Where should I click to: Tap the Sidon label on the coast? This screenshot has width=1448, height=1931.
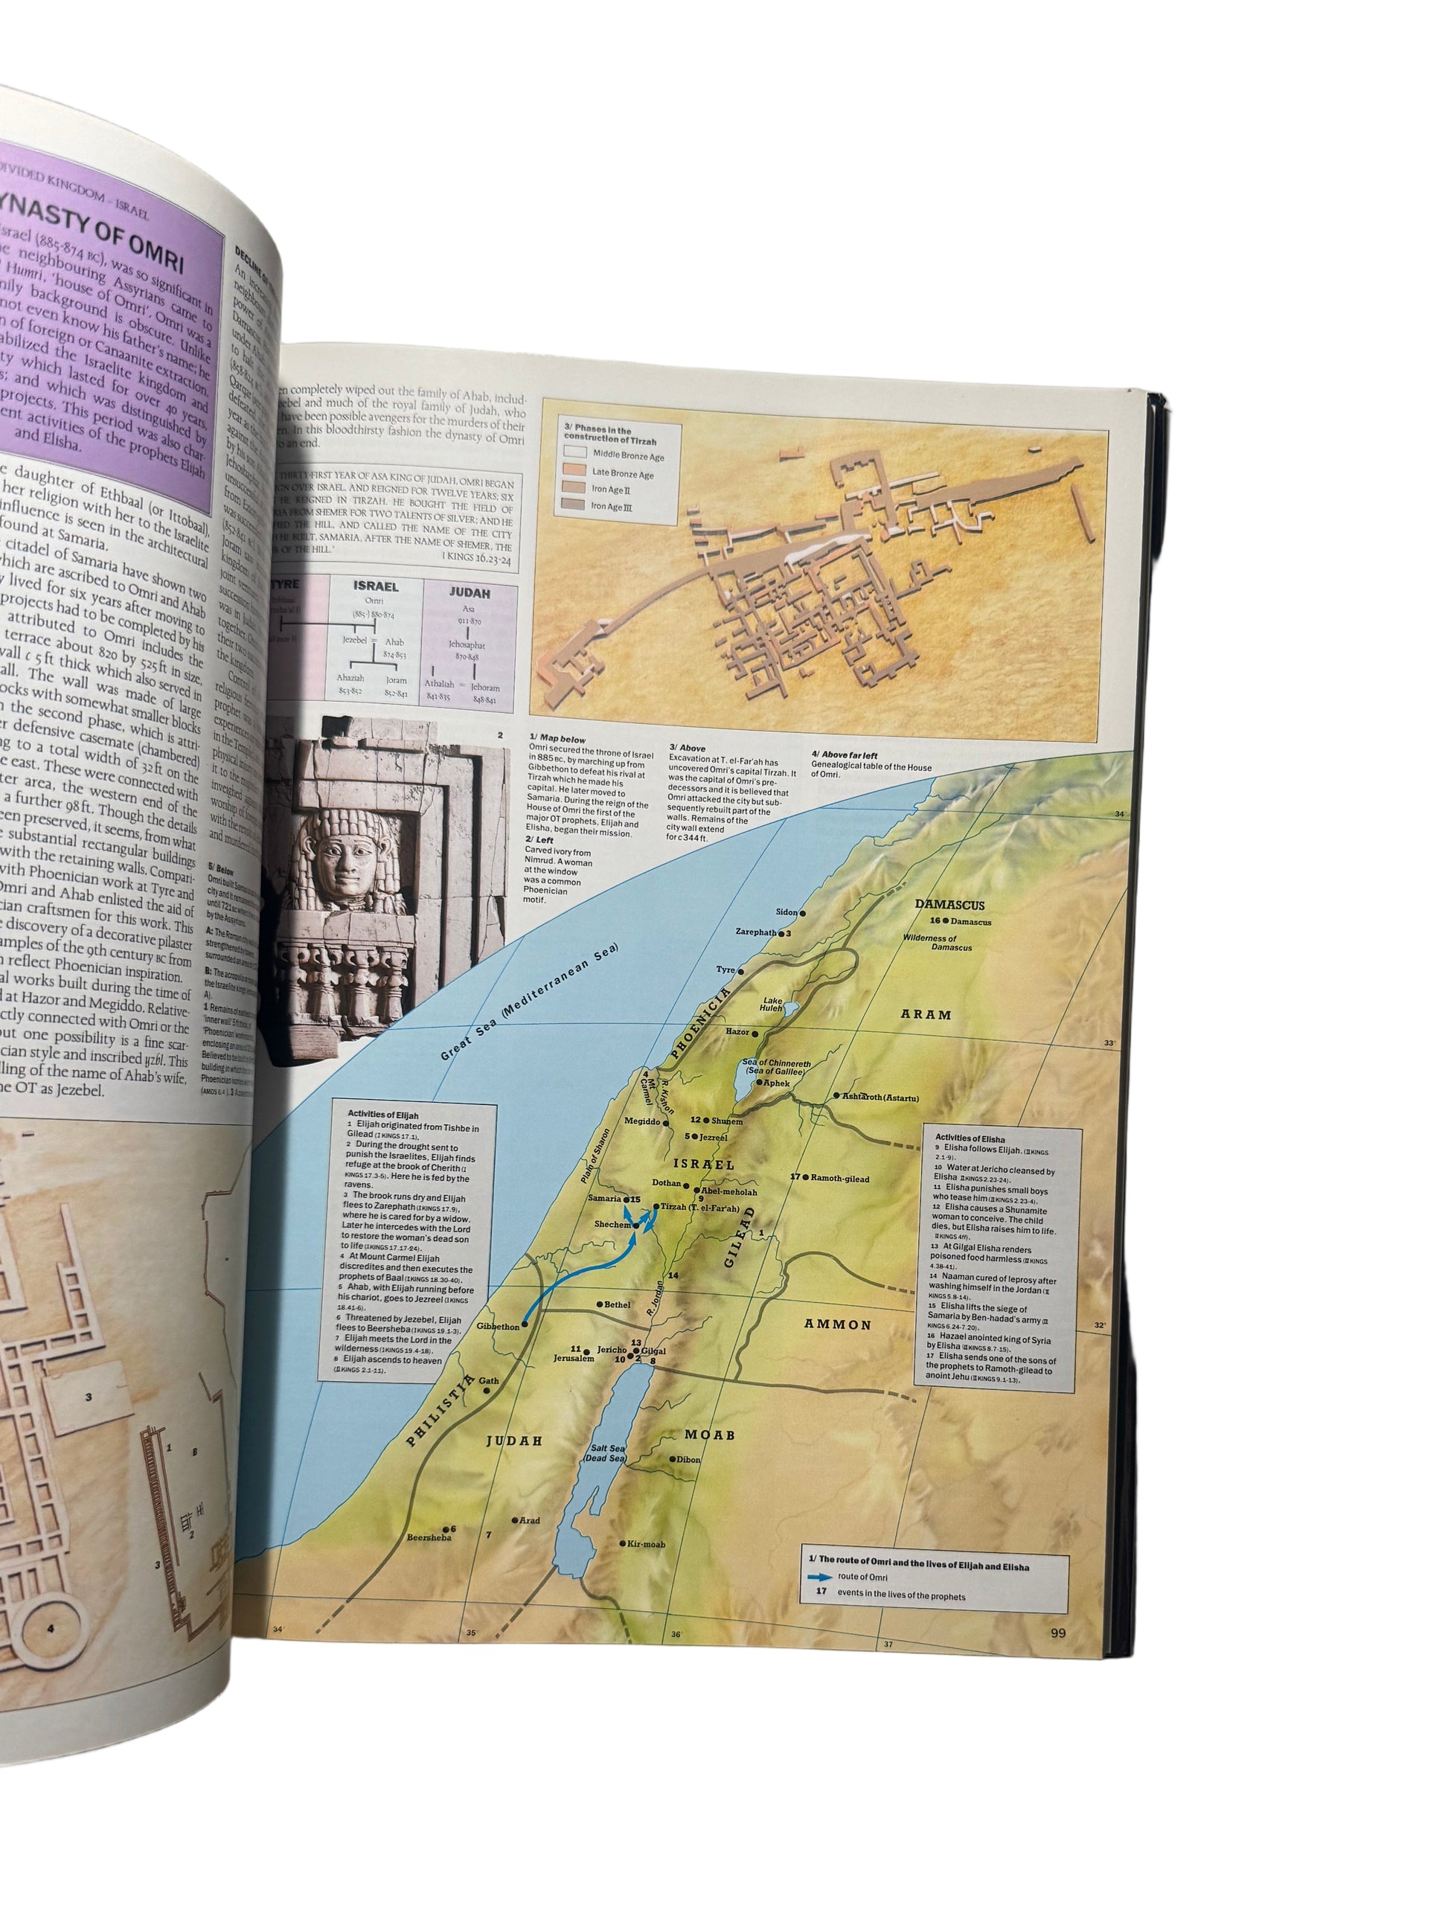click(x=787, y=912)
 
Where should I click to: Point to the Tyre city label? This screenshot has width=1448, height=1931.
click(x=725, y=969)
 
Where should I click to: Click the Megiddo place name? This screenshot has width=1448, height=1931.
click(x=642, y=1121)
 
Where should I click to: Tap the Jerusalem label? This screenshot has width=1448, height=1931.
click(x=574, y=1358)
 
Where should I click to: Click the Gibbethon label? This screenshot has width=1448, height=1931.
click(x=499, y=1327)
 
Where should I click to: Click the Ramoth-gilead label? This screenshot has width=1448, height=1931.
click(x=839, y=1179)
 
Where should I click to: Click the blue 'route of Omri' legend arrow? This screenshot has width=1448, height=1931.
click(x=819, y=1578)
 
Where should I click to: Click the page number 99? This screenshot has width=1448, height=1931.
click(x=1058, y=1633)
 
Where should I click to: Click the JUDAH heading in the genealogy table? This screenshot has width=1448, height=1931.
click(x=470, y=592)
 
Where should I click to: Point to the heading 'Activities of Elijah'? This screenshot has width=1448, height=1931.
click(x=383, y=1115)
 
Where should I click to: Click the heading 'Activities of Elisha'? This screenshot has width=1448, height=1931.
click(x=970, y=1139)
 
